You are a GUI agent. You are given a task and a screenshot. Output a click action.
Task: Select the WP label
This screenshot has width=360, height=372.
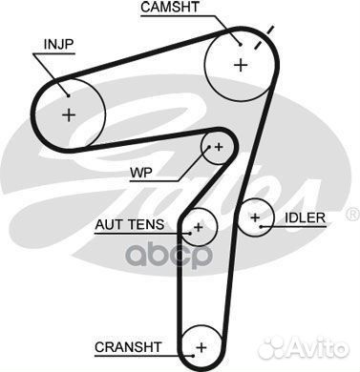click(x=140, y=175)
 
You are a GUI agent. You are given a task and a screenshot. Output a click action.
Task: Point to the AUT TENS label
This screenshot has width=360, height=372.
click(x=129, y=225)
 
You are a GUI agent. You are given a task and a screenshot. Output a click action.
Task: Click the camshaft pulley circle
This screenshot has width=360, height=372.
click(x=239, y=64)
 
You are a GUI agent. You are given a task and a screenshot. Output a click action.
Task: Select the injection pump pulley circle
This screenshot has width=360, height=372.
click(x=68, y=113)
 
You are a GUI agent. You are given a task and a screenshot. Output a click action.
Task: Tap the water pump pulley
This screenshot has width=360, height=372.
click(x=218, y=147)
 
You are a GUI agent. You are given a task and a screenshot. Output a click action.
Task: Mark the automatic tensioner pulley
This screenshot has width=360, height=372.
click(x=199, y=227)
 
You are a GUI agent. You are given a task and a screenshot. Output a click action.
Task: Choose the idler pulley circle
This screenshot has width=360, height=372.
click(x=254, y=218)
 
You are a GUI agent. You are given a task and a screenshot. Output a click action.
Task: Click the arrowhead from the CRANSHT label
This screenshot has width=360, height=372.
click(x=188, y=344)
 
